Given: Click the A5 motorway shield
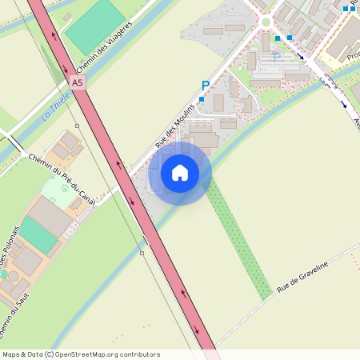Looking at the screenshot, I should point(77,82).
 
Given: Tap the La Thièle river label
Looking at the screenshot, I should point(58,103).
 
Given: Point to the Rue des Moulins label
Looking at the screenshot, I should point(174,126).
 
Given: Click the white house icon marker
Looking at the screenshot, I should point(180,173).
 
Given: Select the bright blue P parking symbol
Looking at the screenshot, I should point(206,85).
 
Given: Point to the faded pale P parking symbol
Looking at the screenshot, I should point(277,58).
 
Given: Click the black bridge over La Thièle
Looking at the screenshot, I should point(15,145).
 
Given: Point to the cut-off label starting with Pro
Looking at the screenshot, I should point(352,56).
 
